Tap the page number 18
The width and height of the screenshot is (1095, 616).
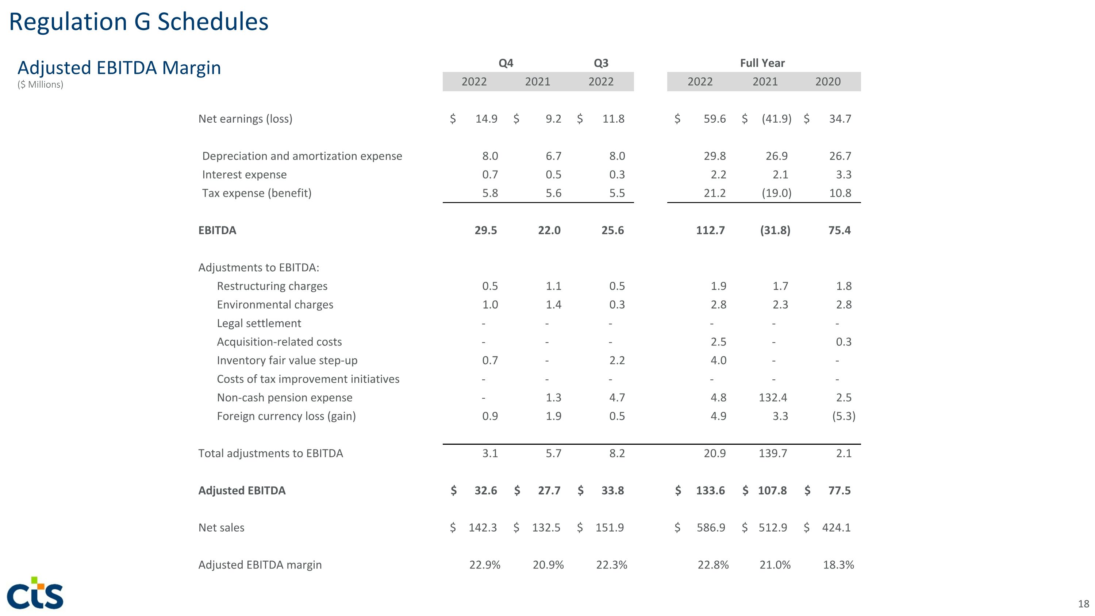click(x=1083, y=604)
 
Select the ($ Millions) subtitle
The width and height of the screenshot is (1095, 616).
click(x=41, y=85)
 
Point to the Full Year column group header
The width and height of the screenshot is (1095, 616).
click(x=762, y=63)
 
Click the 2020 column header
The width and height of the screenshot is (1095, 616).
click(x=827, y=82)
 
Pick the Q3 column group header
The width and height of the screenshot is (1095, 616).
click(x=601, y=63)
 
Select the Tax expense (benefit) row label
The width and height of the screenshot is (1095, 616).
click(x=257, y=193)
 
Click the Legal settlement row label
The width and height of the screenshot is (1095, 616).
click(x=259, y=323)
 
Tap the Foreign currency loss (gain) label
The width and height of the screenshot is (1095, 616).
click(x=286, y=416)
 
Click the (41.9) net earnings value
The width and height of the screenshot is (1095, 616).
click(x=776, y=119)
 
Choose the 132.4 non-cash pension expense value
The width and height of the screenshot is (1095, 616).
click(x=773, y=398)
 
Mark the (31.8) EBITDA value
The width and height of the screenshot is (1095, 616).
click(x=775, y=230)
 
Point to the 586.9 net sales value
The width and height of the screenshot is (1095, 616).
click(x=711, y=528)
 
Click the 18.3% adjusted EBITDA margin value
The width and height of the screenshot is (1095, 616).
click(x=838, y=565)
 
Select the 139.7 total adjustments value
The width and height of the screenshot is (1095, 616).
click(x=773, y=453)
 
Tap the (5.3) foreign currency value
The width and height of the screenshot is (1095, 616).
click(x=844, y=416)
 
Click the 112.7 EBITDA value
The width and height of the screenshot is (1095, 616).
click(x=710, y=230)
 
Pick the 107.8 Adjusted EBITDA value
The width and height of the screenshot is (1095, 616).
click(x=772, y=491)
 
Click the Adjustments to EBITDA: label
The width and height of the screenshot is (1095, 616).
click(x=258, y=267)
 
